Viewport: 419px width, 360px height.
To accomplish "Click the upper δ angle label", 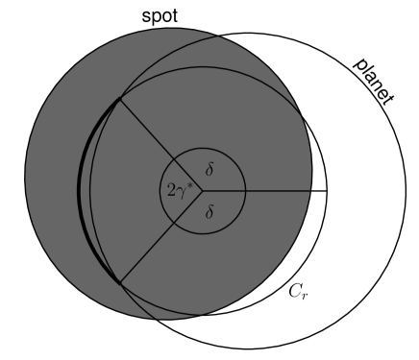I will pos(209,169).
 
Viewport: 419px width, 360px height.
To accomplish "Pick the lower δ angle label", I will pos(209,212).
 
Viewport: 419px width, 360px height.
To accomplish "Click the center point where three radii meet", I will pos(202,190).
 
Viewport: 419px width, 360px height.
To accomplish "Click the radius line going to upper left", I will pos(159,144).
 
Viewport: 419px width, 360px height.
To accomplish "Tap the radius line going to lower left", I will pos(159,236).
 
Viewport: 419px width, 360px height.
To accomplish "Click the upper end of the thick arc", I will pos(118,98).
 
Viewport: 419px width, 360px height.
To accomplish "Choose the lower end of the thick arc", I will pos(118,282).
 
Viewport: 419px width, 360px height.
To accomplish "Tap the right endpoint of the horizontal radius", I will pos(328,190).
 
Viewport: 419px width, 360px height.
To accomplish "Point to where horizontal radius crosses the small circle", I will pos(246,190).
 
